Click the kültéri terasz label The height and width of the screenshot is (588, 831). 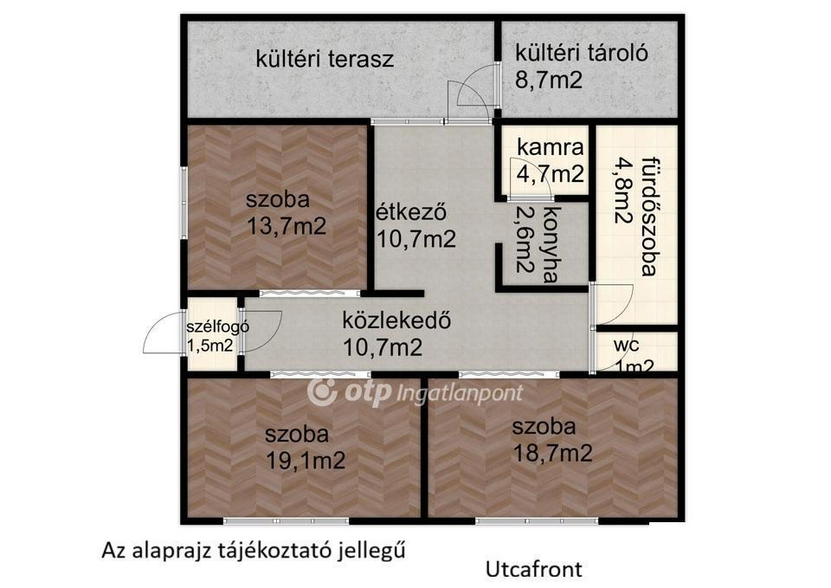pyautogui.click(x=325, y=58)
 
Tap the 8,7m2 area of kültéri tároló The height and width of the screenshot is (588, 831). pyautogui.click(x=549, y=80)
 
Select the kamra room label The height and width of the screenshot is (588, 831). pyautogui.click(x=551, y=147)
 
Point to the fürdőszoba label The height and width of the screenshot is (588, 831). pyautogui.click(x=648, y=216)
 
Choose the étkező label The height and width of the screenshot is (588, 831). pyautogui.click(x=411, y=212)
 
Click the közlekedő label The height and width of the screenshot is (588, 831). pyautogui.click(x=396, y=320)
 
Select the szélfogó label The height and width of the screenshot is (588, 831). pyautogui.click(x=217, y=327)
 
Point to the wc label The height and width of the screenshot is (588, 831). pyautogui.click(x=627, y=346)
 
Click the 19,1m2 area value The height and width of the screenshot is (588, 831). pyautogui.click(x=306, y=460)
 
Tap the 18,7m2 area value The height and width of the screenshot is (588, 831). pyautogui.click(x=552, y=453)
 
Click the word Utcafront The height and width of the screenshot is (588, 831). pyautogui.click(x=534, y=569)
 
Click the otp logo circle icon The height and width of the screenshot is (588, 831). pyautogui.click(x=322, y=391)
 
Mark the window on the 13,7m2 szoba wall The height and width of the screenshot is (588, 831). pyautogui.click(x=184, y=204)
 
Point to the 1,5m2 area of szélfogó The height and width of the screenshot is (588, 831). pyautogui.click(x=209, y=346)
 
